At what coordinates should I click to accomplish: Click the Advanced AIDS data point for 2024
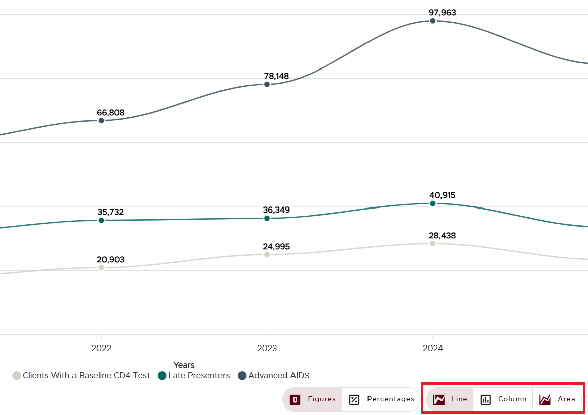(x=433, y=21)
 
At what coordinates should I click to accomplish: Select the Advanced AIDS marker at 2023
(x=267, y=84)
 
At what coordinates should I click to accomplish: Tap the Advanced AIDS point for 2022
(x=101, y=120)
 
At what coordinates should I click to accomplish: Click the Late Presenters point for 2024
(x=433, y=203)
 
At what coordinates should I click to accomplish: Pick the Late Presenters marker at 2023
(x=267, y=218)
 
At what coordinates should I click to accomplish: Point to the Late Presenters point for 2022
(x=101, y=220)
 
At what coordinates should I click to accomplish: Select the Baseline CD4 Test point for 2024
(x=433, y=244)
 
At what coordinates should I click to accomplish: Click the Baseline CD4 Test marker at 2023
(x=267, y=254)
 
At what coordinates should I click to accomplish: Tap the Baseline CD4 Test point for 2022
(x=101, y=267)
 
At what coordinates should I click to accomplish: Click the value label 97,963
(x=443, y=13)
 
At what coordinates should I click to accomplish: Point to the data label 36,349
(x=276, y=210)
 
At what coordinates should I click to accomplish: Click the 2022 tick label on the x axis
(x=101, y=348)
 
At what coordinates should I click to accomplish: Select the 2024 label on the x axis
(x=433, y=348)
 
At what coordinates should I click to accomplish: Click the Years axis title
(x=184, y=365)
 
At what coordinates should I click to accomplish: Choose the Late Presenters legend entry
(x=194, y=376)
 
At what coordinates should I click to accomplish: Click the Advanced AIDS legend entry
(x=274, y=376)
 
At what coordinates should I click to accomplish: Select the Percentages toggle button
(x=382, y=399)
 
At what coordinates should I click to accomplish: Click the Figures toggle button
(x=313, y=399)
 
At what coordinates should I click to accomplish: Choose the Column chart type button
(x=503, y=399)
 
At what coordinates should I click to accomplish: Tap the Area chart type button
(x=557, y=399)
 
